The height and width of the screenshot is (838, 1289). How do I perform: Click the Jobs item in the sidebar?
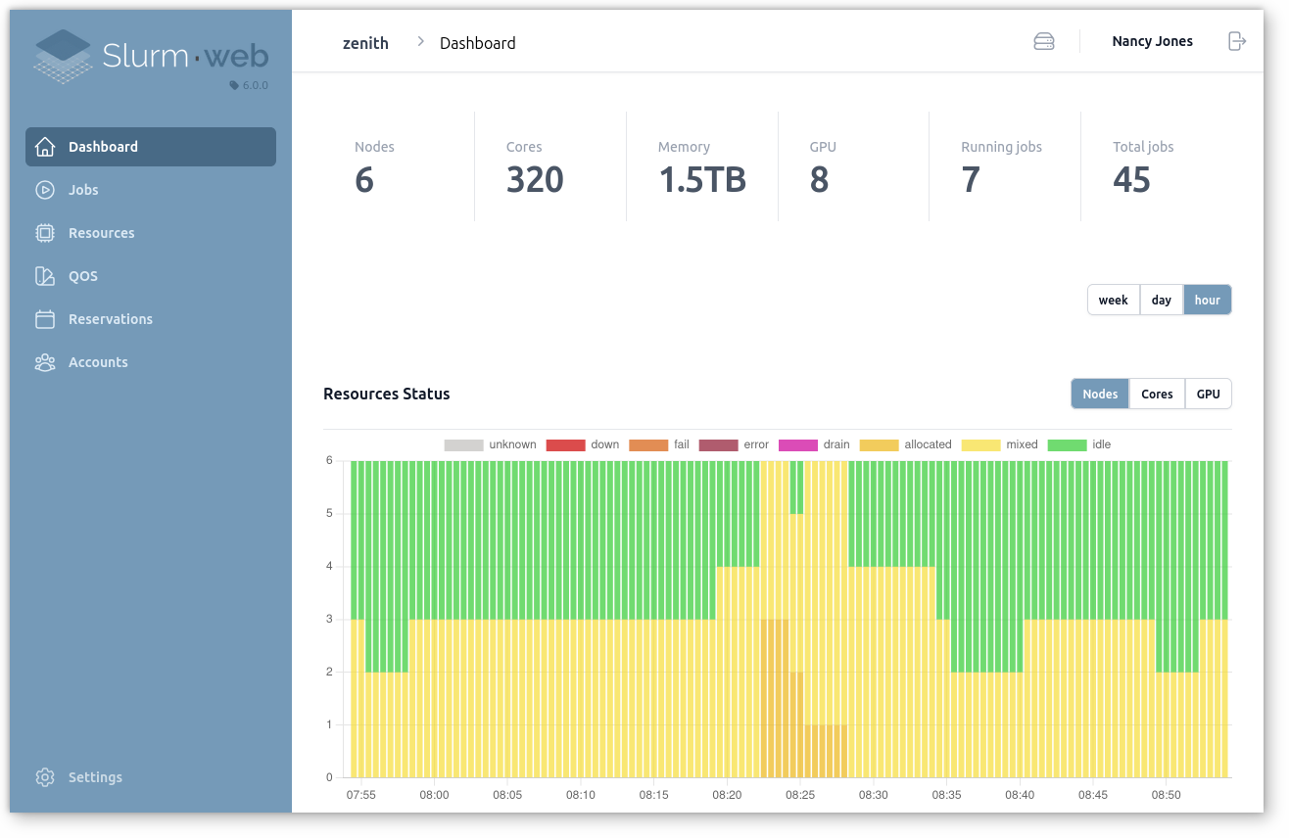click(83, 190)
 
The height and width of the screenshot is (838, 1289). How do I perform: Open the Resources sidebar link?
click(101, 233)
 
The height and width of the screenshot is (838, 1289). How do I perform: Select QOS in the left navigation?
click(82, 276)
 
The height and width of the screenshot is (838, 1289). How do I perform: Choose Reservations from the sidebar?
click(110, 319)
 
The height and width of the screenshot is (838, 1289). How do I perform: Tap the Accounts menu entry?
click(98, 362)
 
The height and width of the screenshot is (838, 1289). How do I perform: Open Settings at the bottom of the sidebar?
click(95, 777)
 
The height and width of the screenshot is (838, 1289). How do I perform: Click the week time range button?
click(1113, 301)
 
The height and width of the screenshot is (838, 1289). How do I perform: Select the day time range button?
click(1162, 301)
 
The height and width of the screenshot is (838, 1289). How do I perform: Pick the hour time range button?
click(1207, 301)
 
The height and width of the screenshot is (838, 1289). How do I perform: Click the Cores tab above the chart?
click(1157, 394)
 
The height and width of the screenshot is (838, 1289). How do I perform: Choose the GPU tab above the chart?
click(1208, 394)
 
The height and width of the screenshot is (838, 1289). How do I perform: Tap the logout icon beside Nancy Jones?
click(1237, 41)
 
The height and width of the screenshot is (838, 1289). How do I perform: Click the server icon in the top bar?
click(1044, 41)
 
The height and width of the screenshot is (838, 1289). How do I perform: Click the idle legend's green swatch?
click(1067, 444)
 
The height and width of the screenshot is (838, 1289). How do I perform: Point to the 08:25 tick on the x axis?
click(800, 795)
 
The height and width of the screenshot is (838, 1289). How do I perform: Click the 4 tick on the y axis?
click(329, 566)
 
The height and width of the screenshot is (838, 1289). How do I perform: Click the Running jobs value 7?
click(971, 180)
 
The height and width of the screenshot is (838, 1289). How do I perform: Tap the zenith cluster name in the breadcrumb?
click(365, 43)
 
